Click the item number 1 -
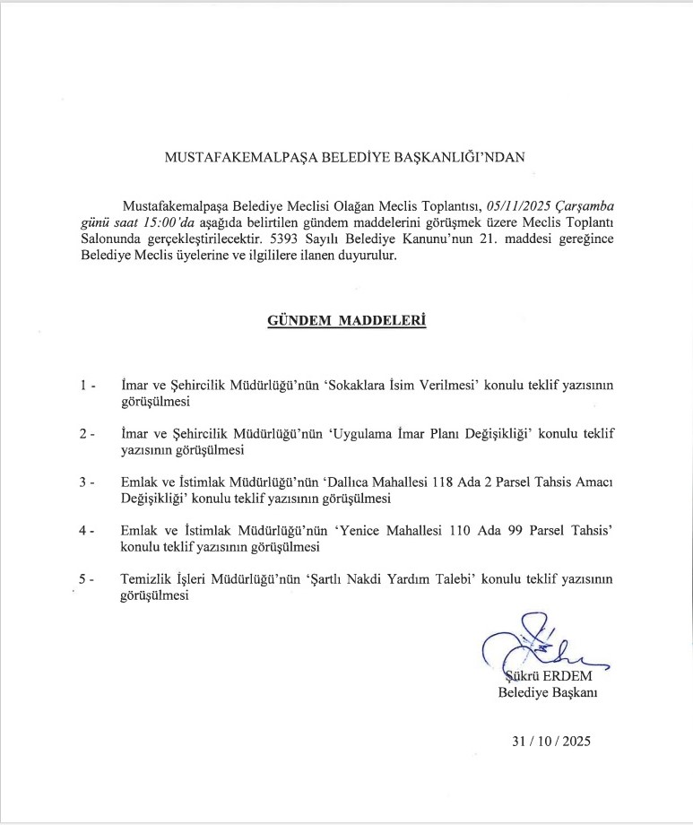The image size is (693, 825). click(87, 385)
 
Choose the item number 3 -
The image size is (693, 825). click(87, 482)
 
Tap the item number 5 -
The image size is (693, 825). click(87, 580)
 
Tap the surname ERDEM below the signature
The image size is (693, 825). click(565, 676)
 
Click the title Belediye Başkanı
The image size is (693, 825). click(548, 692)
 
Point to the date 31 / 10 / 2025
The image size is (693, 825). click(551, 742)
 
